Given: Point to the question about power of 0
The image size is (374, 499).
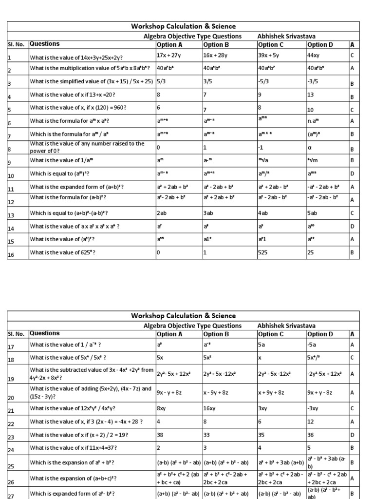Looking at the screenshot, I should [x=88, y=147].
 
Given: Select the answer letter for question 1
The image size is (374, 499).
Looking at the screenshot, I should [x=352, y=55].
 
